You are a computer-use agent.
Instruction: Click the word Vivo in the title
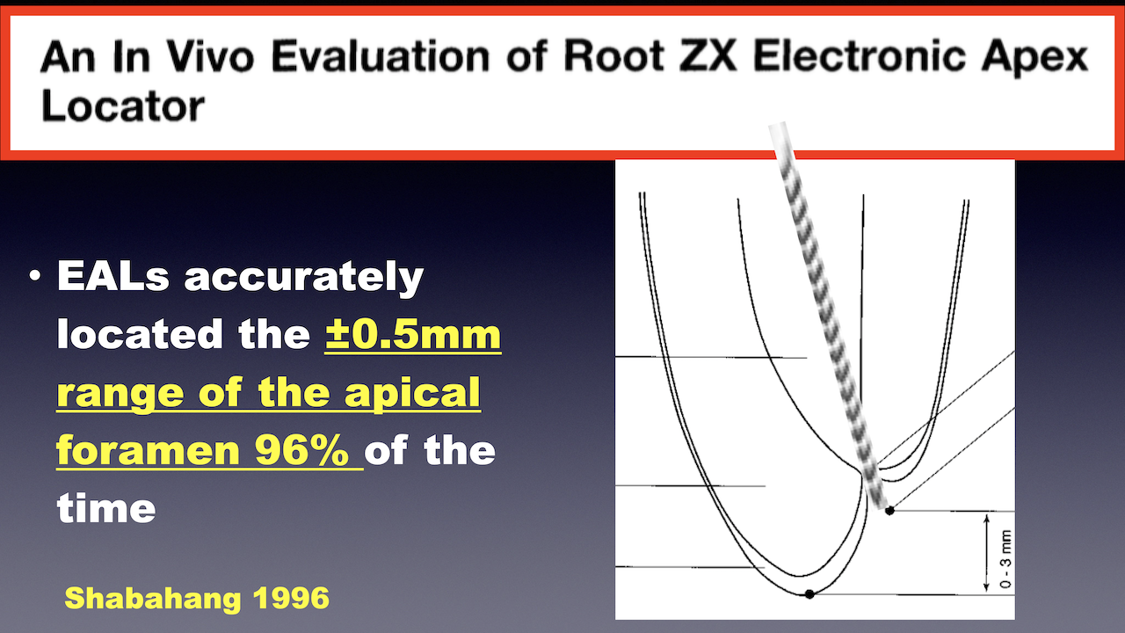(x=210, y=55)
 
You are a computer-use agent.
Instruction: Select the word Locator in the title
(x=123, y=105)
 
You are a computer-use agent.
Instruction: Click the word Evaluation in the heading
(x=381, y=55)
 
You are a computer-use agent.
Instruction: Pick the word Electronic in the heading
(x=859, y=55)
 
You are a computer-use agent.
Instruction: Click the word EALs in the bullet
(x=113, y=276)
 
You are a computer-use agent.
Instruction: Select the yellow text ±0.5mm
(x=413, y=334)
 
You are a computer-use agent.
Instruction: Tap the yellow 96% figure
(x=301, y=450)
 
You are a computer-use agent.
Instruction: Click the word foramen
(x=149, y=450)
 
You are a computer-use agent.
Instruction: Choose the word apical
(x=412, y=393)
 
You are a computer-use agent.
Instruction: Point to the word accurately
(x=304, y=277)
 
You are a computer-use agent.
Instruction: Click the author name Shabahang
(x=153, y=599)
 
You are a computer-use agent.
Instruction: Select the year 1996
(x=291, y=598)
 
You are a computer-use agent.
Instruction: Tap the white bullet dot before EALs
(x=34, y=275)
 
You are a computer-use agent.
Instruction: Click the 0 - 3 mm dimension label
(x=1006, y=558)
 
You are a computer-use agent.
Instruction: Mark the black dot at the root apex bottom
(x=809, y=594)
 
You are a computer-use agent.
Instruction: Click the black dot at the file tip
(x=889, y=511)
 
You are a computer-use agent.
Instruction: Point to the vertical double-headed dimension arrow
(x=986, y=553)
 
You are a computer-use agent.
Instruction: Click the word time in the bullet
(x=106, y=508)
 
